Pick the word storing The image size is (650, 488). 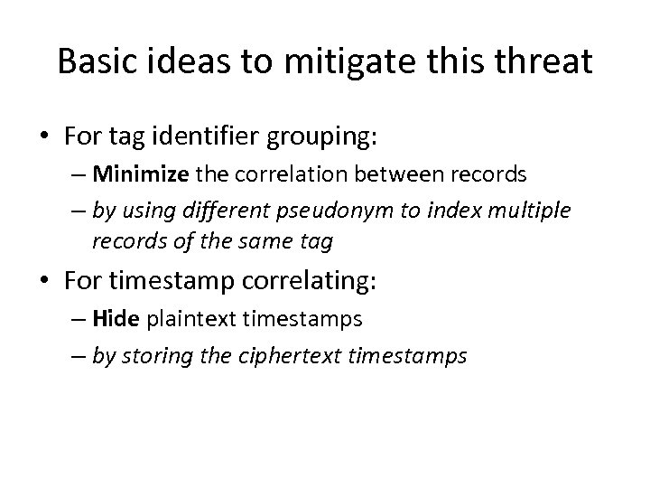pos(153,356)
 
